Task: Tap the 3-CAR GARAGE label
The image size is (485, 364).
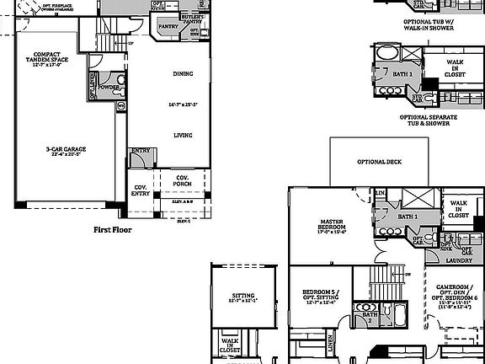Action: point(66,149)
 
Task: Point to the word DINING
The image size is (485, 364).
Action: point(183,74)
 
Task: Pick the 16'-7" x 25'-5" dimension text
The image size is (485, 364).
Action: point(184,105)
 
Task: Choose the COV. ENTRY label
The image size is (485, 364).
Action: point(140,192)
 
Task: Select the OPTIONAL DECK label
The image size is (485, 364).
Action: point(377,162)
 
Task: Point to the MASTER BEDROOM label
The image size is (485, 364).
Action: point(329,226)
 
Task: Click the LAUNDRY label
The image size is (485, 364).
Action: point(459,260)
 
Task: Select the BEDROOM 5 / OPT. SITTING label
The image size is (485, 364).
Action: point(319,296)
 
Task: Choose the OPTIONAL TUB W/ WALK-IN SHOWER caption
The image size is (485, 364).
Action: point(429,24)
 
